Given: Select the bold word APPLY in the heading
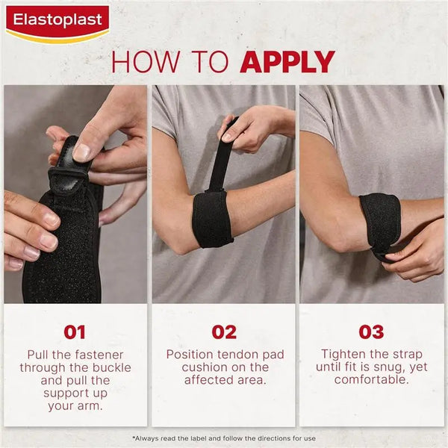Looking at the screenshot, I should (x=287, y=61).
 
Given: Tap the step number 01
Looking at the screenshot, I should (x=75, y=332).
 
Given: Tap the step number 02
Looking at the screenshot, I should (x=224, y=332).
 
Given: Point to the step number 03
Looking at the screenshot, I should (x=371, y=332).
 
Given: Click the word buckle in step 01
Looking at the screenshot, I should (x=111, y=367).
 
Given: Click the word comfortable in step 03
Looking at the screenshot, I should (x=371, y=380).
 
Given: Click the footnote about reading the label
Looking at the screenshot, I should (x=224, y=438).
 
